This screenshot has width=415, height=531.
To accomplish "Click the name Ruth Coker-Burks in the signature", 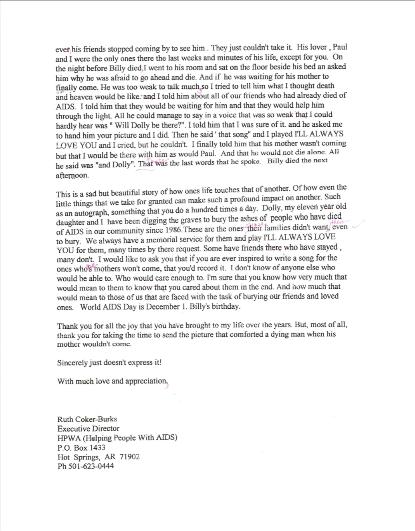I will pos(87,419).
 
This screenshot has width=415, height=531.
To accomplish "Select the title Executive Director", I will pos(88,429).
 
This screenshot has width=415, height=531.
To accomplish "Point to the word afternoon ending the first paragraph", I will pos(72,175).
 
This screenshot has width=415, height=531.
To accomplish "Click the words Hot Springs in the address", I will pos(78,457).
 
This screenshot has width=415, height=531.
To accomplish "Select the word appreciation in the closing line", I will pos(145,381).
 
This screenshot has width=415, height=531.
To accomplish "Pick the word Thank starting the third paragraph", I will pos(66,326).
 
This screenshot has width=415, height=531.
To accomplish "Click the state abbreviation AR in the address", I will pos(110,457).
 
